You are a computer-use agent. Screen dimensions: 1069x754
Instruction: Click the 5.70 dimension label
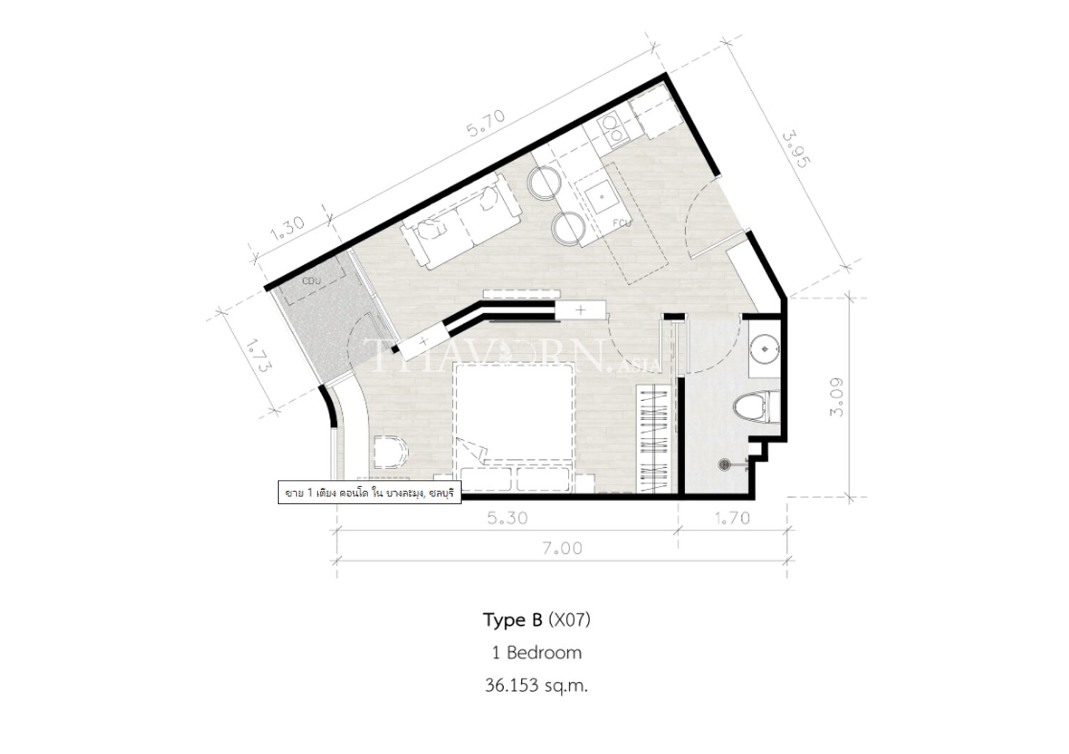coord(485,124)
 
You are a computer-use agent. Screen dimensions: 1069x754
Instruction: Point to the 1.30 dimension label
coord(286,229)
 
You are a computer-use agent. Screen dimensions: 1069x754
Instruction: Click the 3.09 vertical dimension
coord(837,397)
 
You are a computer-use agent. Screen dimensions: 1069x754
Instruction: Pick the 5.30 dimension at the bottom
coord(507,518)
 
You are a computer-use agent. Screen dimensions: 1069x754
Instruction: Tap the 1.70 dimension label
coord(733,518)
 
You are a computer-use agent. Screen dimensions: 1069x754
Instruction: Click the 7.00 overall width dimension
coord(562,548)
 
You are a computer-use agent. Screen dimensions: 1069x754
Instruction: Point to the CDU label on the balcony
coord(311,281)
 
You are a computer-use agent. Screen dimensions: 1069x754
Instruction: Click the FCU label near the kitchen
coord(622,223)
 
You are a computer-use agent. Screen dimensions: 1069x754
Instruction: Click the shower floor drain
coord(725,463)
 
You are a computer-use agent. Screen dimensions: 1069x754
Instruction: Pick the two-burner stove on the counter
coord(613,130)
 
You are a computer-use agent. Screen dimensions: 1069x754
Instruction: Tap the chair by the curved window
coord(389,451)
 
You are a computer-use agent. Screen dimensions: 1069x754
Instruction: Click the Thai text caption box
coord(369,493)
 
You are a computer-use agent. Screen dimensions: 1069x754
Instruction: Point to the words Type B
coord(512,620)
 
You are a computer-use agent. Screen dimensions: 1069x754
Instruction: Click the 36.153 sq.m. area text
coord(537,686)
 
